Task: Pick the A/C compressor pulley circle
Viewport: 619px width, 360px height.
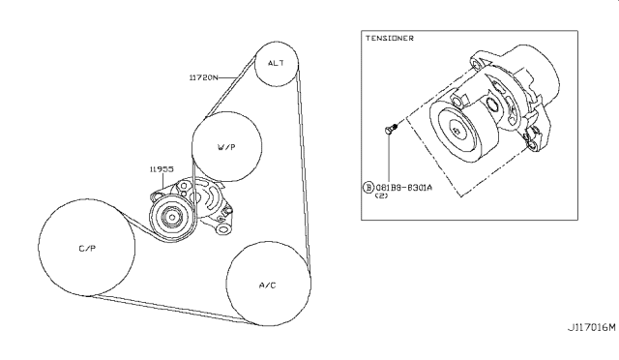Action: tap(268, 285)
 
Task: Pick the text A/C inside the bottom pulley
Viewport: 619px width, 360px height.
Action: tap(268, 285)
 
